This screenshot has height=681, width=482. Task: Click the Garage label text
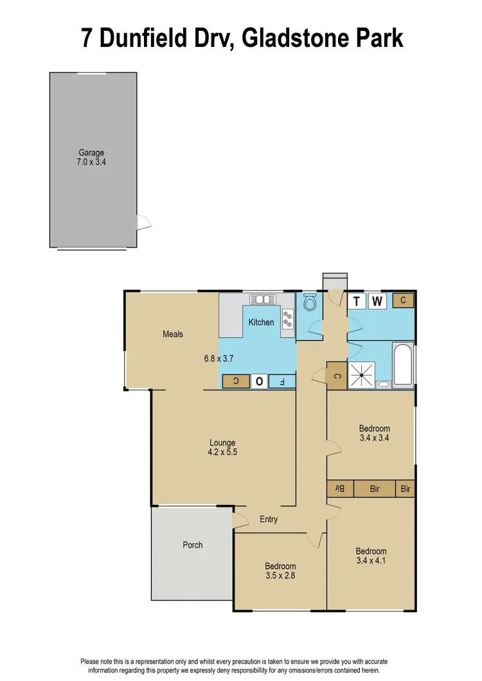pyautogui.click(x=92, y=153)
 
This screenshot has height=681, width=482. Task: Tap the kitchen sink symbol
pyautogui.click(x=263, y=299)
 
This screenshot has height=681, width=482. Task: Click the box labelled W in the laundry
pyautogui.click(x=377, y=301)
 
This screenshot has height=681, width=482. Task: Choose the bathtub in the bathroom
pyautogui.click(x=403, y=366)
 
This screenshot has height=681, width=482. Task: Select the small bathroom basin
pyautogui.click(x=384, y=385)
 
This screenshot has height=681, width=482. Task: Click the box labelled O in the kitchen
pyautogui.click(x=260, y=381)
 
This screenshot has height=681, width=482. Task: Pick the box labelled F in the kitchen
pyautogui.click(x=282, y=381)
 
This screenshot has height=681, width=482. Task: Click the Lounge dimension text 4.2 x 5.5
pyautogui.click(x=222, y=452)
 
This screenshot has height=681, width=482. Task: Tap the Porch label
pyautogui.click(x=192, y=545)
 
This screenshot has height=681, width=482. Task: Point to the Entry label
pyautogui.click(x=269, y=519)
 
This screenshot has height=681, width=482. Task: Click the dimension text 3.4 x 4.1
pyautogui.click(x=371, y=561)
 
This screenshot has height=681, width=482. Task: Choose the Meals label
pyautogui.click(x=173, y=334)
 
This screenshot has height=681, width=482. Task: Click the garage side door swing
pyautogui.click(x=144, y=222)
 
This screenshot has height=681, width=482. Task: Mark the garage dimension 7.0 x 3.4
pyautogui.click(x=92, y=163)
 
